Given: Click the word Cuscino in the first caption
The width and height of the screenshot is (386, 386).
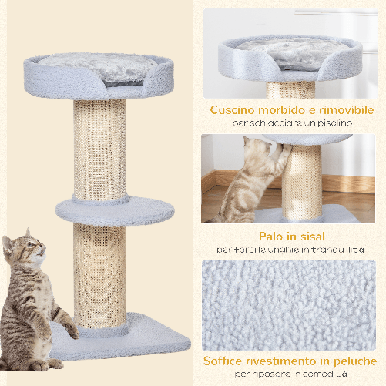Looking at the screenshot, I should coord(234,109).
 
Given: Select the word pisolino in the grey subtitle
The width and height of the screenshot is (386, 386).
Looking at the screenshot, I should coord(333,123).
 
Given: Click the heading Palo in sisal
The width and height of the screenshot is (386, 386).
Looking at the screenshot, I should coord(291,236).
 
